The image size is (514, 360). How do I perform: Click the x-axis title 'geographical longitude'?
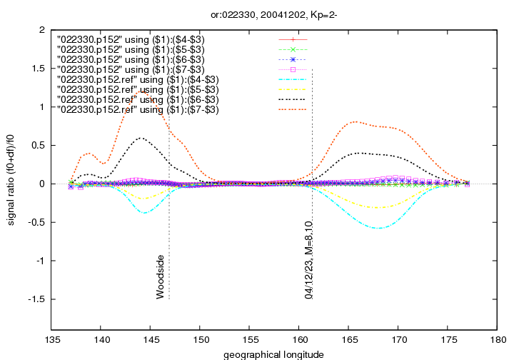pyautogui.click(x=274, y=354)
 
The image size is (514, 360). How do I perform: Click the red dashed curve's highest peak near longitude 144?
pyautogui.click(x=143, y=91)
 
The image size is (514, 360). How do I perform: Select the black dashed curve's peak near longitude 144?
pyautogui.click(x=141, y=138)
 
